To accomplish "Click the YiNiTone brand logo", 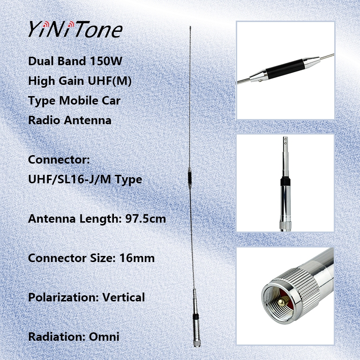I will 75,29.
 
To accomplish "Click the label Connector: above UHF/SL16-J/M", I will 59,160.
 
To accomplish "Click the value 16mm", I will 138,258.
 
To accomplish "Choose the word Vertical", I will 124,297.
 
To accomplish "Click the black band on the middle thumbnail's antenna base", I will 285,183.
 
